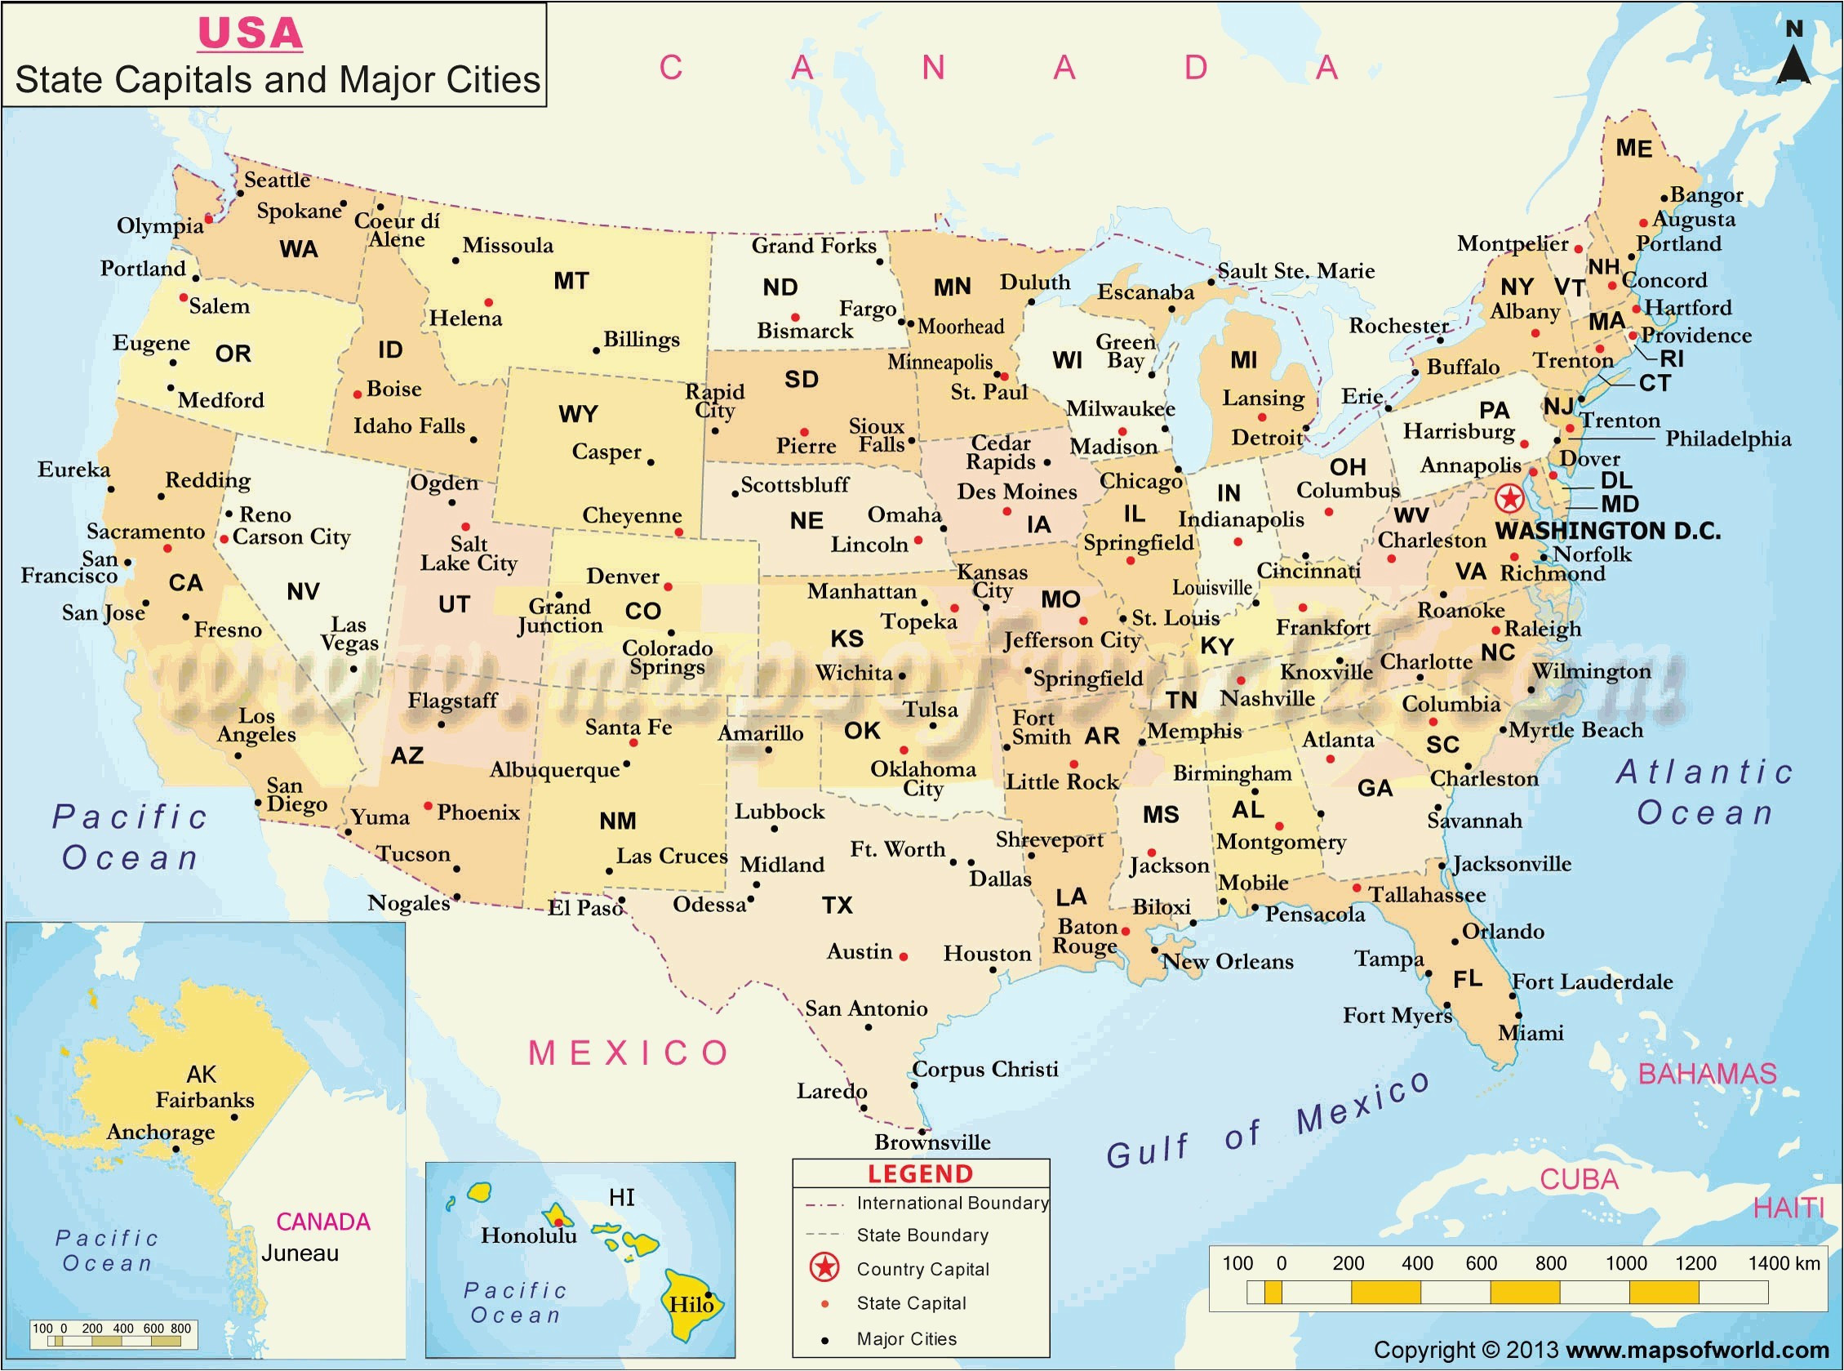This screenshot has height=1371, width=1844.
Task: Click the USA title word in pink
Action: click(x=250, y=34)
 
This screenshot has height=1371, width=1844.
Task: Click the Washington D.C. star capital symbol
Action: click(x=1509, y=499)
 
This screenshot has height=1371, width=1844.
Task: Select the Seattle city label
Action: click(x=276, y=180)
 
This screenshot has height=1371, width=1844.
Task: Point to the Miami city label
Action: click(x=1531, y=1033)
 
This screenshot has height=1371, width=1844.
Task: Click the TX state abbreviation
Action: click(x=837, y=905)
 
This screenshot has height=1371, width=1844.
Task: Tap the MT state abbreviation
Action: click(x=571, y=281)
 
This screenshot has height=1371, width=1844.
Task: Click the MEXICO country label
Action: click(x=629, y=1053)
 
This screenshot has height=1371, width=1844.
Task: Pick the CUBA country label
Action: click(x=1579, y=1179)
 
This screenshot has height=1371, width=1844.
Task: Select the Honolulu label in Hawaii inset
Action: click(x=528, y=1235)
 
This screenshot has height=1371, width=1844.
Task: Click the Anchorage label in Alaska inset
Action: click(x=160, y=1132)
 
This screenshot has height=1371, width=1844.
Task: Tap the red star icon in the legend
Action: click(x=824, y=1267)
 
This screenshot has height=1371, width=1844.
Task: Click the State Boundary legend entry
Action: click(x=922, y=1235)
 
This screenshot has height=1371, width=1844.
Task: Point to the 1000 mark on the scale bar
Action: click(x=1625, y=1263)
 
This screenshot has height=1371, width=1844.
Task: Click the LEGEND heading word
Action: click(x=920, y=1173)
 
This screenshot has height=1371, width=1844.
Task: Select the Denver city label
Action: click(x=622, y=576)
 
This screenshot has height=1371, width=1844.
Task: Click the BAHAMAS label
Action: click(x=1707, y=1074)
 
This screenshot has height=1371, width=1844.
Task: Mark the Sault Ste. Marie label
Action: click(x=1295, y=270)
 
